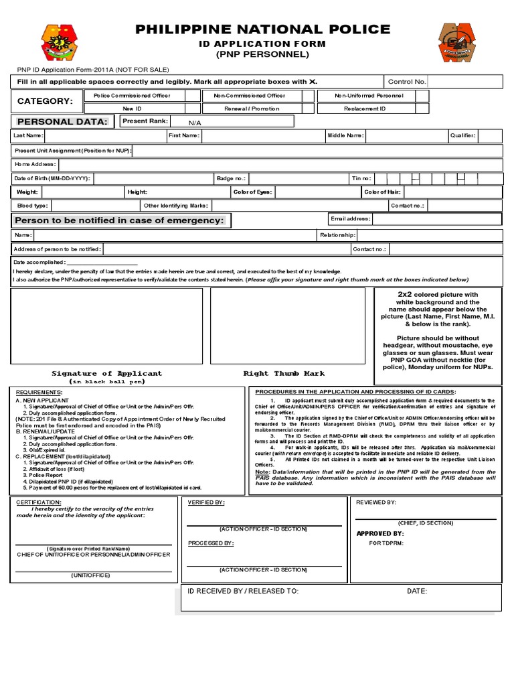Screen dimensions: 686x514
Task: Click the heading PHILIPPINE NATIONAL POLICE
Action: pyautogui.click(x=262, y=29)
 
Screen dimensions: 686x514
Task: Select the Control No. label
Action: pyautogui.click(x=407, y=82)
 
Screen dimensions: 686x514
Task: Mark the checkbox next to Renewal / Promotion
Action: pyautogui.click(x=307, y=108)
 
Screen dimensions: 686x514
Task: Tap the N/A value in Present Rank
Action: pyautogui.click(x=195, y=123)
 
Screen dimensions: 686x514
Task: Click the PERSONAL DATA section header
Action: pyautogui.click(x=62, y=121)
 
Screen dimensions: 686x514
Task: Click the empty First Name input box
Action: pyautogui.click(x=261, y=136)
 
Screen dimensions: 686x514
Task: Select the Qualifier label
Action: pyautogui.click(x=463, y=136)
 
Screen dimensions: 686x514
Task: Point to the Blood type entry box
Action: pyautogui.click(x=94, y=206)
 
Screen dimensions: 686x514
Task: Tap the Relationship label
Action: pyautogui.click(x=338, y=235)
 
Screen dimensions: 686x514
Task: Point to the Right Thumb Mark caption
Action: pyautogui.click(x=284, y=374)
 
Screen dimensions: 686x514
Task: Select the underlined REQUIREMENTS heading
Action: pyautogui.click(x=39, y=391)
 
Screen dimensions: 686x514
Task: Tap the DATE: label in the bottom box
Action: pyautogui.click(x=416, y=592)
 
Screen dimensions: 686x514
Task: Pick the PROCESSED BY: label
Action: pyautogui.click(x=210, y=543)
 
